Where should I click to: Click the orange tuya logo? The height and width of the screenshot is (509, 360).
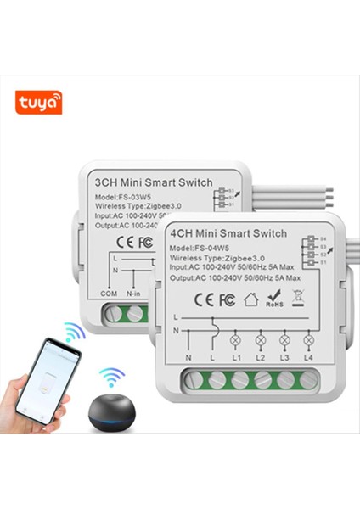[38, 103]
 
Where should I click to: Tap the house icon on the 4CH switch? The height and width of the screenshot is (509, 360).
[250, 299]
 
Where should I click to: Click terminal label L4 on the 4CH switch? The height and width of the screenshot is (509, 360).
[307, 360]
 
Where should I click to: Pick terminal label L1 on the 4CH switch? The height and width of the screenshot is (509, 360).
[237, 360]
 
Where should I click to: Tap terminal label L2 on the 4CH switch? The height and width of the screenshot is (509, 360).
[261, 360]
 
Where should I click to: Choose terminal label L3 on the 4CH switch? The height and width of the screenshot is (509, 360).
[284, 360]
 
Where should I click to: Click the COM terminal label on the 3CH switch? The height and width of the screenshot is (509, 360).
[108, 293]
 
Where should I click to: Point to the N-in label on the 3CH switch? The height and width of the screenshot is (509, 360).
[134, 293]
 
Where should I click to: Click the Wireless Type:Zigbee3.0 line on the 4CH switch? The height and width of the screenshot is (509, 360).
[206, 258]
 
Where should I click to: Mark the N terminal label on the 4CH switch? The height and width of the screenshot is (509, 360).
[189, 360]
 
